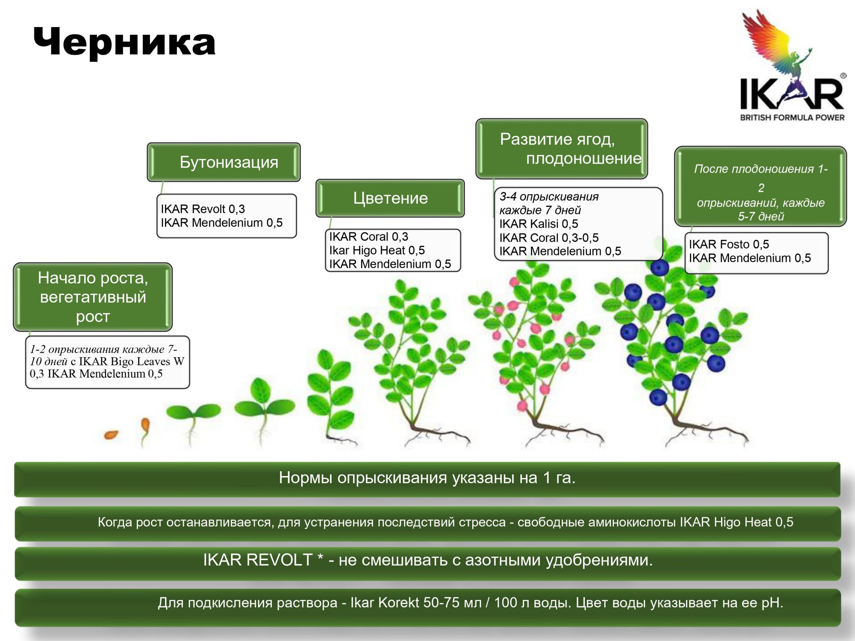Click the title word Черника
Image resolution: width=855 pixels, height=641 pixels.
pos(124,42)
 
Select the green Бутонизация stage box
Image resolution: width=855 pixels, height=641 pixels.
pos(223,162)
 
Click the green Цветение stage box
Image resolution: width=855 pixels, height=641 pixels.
pos(390,198)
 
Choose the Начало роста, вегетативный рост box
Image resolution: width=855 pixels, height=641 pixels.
pos(93,297)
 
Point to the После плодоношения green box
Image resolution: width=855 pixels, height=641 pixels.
pos(760,186)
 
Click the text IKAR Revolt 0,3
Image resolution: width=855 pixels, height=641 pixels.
pos(203,209)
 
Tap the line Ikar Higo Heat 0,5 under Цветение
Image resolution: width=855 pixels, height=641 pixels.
pos(377,250)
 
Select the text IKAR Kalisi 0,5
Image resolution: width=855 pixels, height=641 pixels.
pos(538,224)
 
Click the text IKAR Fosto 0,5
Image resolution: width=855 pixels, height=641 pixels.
pos(729,244)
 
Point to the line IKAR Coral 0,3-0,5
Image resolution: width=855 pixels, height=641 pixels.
pos(549,238)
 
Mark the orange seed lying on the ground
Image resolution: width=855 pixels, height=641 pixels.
pos(111,435)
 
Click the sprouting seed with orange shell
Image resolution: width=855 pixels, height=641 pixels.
pos(145,431)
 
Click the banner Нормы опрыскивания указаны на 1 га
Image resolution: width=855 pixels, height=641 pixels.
pos(427,478)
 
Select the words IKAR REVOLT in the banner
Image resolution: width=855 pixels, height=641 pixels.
pos(258,560)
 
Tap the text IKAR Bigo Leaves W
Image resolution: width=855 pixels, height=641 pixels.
pos(131,361)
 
